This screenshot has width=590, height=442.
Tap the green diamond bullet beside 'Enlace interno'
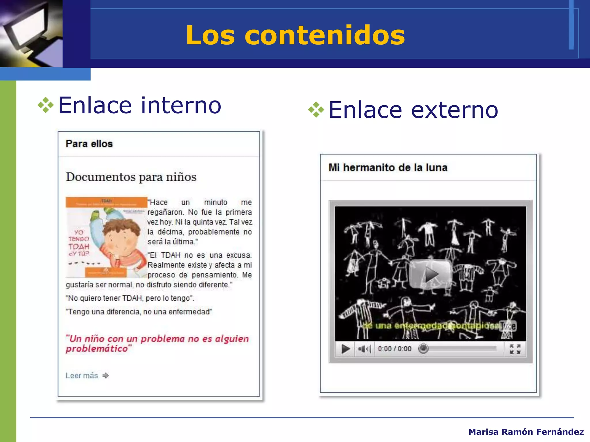pos(46,105)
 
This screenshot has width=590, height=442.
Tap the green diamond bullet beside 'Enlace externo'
pos(316,110)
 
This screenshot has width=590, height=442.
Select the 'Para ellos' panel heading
pos(89,144)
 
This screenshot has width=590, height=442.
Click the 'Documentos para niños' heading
pos(131,177)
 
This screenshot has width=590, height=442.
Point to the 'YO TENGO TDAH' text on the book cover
pos(79,243)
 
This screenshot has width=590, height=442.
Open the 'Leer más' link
pos(82,376)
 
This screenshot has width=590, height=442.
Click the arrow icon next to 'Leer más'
pos(106,376)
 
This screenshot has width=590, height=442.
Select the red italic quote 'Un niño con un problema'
pos(157,343)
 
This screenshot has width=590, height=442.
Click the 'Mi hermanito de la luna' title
pos(388,167)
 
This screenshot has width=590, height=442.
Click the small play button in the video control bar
pos(345,349)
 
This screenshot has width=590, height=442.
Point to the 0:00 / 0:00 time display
pos(395,349)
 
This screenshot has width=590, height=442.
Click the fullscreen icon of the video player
pos(515,349)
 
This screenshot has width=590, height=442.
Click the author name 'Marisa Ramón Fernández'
pos(526,432)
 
